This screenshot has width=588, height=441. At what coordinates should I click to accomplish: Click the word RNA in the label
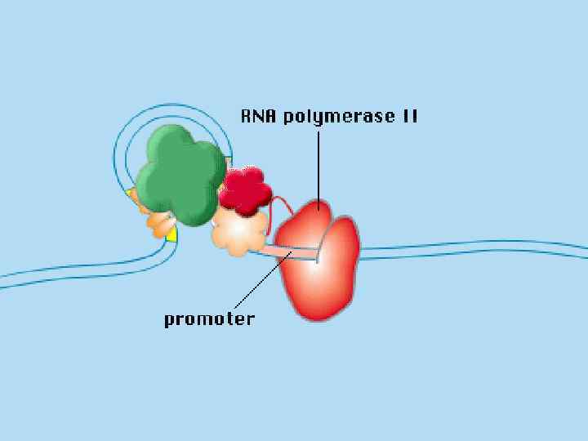[x=258, y=116]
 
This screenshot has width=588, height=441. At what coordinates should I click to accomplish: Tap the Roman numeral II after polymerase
[x=409, y=116]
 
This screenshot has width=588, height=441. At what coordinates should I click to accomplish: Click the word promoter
[x=209, y=318]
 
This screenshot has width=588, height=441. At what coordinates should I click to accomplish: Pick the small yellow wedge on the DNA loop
[x=171, y=235]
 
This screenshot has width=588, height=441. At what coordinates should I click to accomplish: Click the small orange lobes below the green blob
[x=158, y=223]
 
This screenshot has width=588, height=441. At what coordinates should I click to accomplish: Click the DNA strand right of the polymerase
[x=474, y=248]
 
